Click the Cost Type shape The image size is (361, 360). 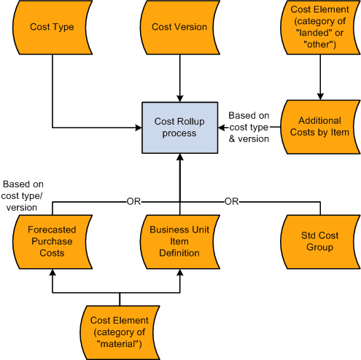[x=52, y=27]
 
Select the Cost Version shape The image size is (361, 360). [x=179, y=27]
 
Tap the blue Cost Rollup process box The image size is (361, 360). [x=179, y=128]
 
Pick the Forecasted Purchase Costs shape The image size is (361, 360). [x=52, y=241]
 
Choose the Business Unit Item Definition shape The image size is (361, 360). [x=179, y=241]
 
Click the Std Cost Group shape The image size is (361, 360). [x=319, y=241]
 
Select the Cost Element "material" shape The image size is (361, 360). [x=119, y=329]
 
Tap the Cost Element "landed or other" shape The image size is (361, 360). [x=319, y=27]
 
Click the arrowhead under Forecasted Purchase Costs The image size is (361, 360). [x=52, y=273]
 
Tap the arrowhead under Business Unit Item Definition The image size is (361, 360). [x=179, y=273]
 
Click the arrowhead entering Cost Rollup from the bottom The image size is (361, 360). [x=179, y=157]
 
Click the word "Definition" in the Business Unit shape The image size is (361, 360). [x=179, y=253]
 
